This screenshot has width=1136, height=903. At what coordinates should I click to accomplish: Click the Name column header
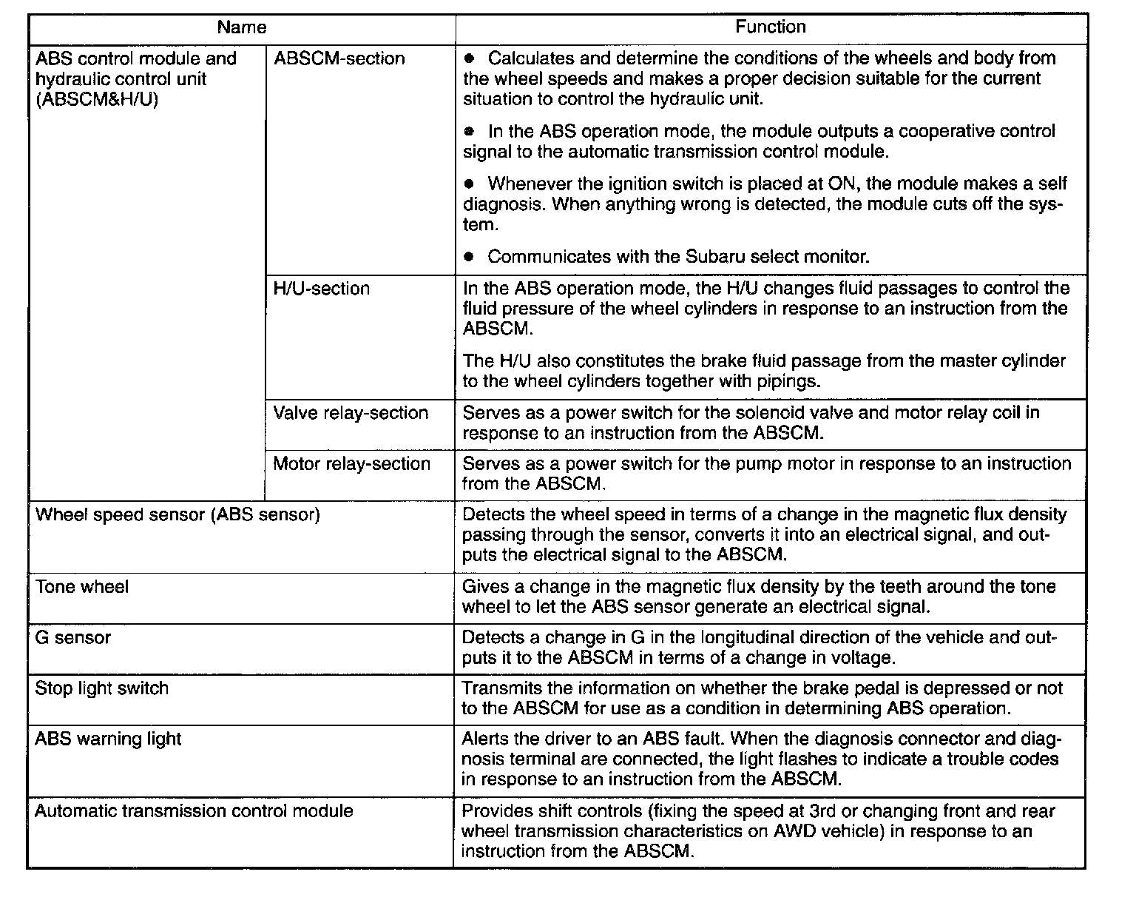tap(241, 28)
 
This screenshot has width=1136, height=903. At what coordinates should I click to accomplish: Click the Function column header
tap(770, 27)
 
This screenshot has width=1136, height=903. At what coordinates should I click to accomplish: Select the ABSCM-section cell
tap(339, 59)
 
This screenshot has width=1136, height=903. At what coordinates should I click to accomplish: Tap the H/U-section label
tap(321, 289)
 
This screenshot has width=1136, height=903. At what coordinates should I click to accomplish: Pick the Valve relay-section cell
tap(351, 413)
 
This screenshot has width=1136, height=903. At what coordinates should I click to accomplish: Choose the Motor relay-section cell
tap(351, 464)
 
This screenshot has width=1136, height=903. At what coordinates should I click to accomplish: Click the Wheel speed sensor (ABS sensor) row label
tap(177, 514)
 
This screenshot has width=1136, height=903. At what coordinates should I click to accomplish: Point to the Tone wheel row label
tap(82, 587)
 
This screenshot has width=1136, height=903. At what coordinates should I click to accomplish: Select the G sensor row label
tap(73, 637)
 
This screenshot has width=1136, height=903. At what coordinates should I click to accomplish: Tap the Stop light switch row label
tap(102, 688)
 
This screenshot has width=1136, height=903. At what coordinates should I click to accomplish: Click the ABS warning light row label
tap(108, 739)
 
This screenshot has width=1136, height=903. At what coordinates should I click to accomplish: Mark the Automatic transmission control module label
tap(194, 810)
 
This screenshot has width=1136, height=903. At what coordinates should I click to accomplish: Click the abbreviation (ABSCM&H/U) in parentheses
tap(97, 100)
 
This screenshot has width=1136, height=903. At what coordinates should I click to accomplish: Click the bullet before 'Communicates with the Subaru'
tap(468, 258)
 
